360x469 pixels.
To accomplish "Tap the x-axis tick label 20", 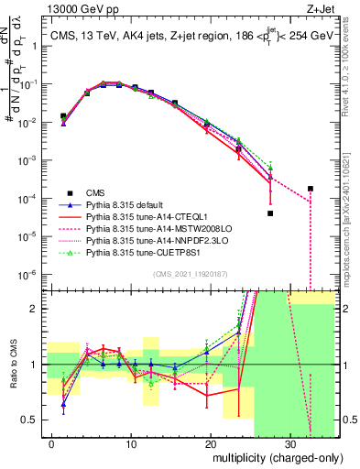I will click(x=211, y=445).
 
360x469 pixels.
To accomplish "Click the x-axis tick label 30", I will click(x=290, y=445).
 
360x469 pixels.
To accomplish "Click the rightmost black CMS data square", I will click(x=311, y=189).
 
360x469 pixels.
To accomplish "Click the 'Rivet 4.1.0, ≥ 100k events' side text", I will click(x=353, y=73).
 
